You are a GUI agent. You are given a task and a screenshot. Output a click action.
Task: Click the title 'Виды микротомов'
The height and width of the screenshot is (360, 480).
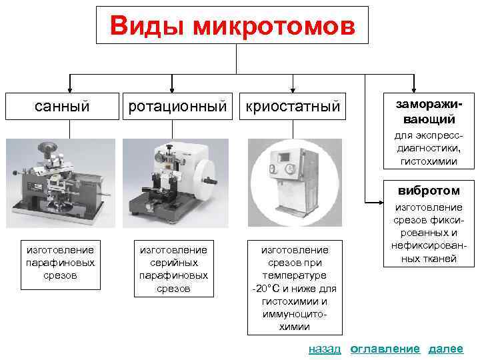click(231, 25)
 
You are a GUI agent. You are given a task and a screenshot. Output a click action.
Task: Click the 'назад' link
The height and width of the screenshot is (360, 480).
click(325, 349)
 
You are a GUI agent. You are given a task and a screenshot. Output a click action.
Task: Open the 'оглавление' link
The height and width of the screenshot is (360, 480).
click(385, 349)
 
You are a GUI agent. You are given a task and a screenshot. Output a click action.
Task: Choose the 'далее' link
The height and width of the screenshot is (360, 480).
click(445, 349)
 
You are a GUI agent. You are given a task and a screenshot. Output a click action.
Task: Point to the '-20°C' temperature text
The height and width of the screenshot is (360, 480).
click(268, 288)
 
